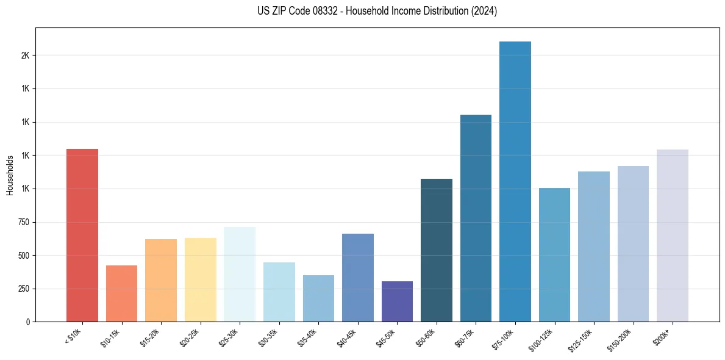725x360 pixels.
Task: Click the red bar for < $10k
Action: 82,235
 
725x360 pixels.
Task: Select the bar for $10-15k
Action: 121,293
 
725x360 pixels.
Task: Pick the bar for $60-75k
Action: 476,218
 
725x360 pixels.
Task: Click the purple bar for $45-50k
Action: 397,301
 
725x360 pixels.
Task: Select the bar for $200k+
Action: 672,236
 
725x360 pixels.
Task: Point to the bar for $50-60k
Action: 437,250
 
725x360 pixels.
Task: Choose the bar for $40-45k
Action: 357,278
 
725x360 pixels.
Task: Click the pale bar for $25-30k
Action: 240,274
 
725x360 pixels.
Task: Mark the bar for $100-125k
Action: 554,254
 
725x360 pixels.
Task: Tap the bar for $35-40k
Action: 318,298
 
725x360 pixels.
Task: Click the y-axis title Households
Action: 10,175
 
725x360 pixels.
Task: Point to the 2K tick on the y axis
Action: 24,56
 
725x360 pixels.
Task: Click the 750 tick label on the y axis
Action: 23,222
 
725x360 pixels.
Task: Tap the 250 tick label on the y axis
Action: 23,289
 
